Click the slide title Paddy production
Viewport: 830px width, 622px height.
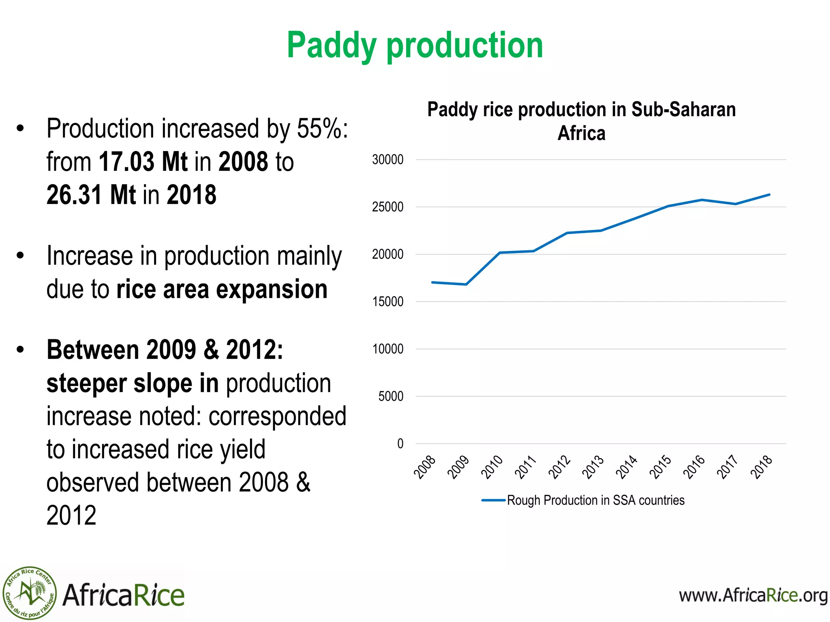click(415, 45)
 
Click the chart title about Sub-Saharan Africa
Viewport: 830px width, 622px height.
click(581, 121)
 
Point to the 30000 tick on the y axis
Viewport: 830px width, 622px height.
click(387, 160)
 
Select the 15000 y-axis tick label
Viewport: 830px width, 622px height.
click(387, 302)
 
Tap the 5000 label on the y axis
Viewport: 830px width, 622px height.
click(391, 396)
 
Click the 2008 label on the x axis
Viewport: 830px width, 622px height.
click(425, 467)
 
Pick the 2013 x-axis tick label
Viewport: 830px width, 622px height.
click(593, 467)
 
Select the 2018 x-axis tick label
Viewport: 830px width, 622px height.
click(762, 467)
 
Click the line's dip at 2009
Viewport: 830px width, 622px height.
click(466, 284)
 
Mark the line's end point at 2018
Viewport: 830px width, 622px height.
click(769, 195)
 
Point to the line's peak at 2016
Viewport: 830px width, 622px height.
click(702, 200)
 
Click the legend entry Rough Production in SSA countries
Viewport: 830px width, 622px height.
click(584, 501)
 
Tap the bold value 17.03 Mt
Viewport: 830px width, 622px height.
click(143, 162)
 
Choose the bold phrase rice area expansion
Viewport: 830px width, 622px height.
click(222, 290)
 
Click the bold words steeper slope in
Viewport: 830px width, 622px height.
click(133, 383)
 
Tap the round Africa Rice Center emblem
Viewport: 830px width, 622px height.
click(30, 593)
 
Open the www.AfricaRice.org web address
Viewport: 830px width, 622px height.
click(753, 596)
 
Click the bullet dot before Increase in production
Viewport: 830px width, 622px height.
click(20, 256)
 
